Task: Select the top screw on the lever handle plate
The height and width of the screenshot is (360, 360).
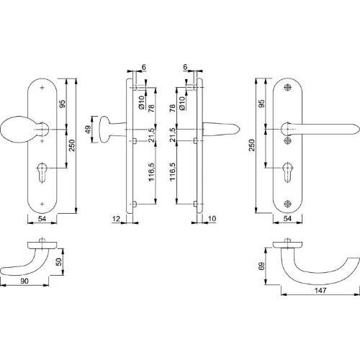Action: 287,87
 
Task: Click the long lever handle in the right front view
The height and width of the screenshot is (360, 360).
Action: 324,130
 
